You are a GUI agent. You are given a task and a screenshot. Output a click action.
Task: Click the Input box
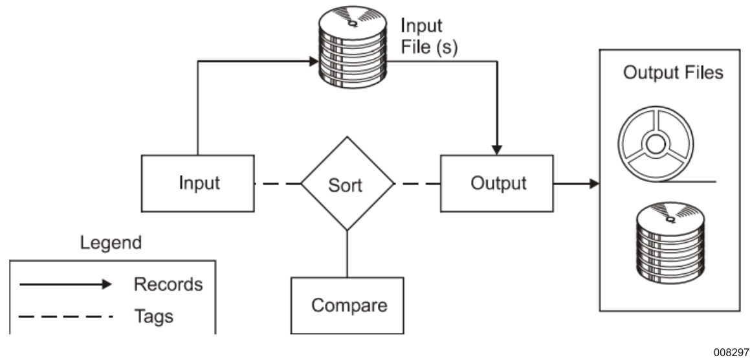(x=197, y=183)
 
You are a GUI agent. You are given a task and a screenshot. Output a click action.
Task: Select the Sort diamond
(x=347, y=184)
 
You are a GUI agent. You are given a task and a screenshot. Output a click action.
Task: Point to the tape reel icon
(x=654, y=144)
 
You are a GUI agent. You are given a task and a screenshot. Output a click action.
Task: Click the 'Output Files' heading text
(x=672, y=73)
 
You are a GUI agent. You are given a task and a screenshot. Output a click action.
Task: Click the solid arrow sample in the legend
(x=65, y=284)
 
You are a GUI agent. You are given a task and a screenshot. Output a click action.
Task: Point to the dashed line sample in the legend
(x=65, y=317)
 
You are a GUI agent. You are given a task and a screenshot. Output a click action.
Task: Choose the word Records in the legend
(x=168, y=284)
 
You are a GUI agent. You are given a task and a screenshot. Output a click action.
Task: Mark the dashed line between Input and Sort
(x=278, y=184)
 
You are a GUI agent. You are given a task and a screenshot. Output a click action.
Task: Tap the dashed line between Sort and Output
(x=417, y=184)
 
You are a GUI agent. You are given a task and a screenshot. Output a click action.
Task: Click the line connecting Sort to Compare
(x=347, y=253)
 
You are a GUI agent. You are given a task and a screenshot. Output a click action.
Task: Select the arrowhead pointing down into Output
(x=497, y=149)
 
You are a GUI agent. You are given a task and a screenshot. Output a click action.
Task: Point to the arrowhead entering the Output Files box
(x=593, y=184)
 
